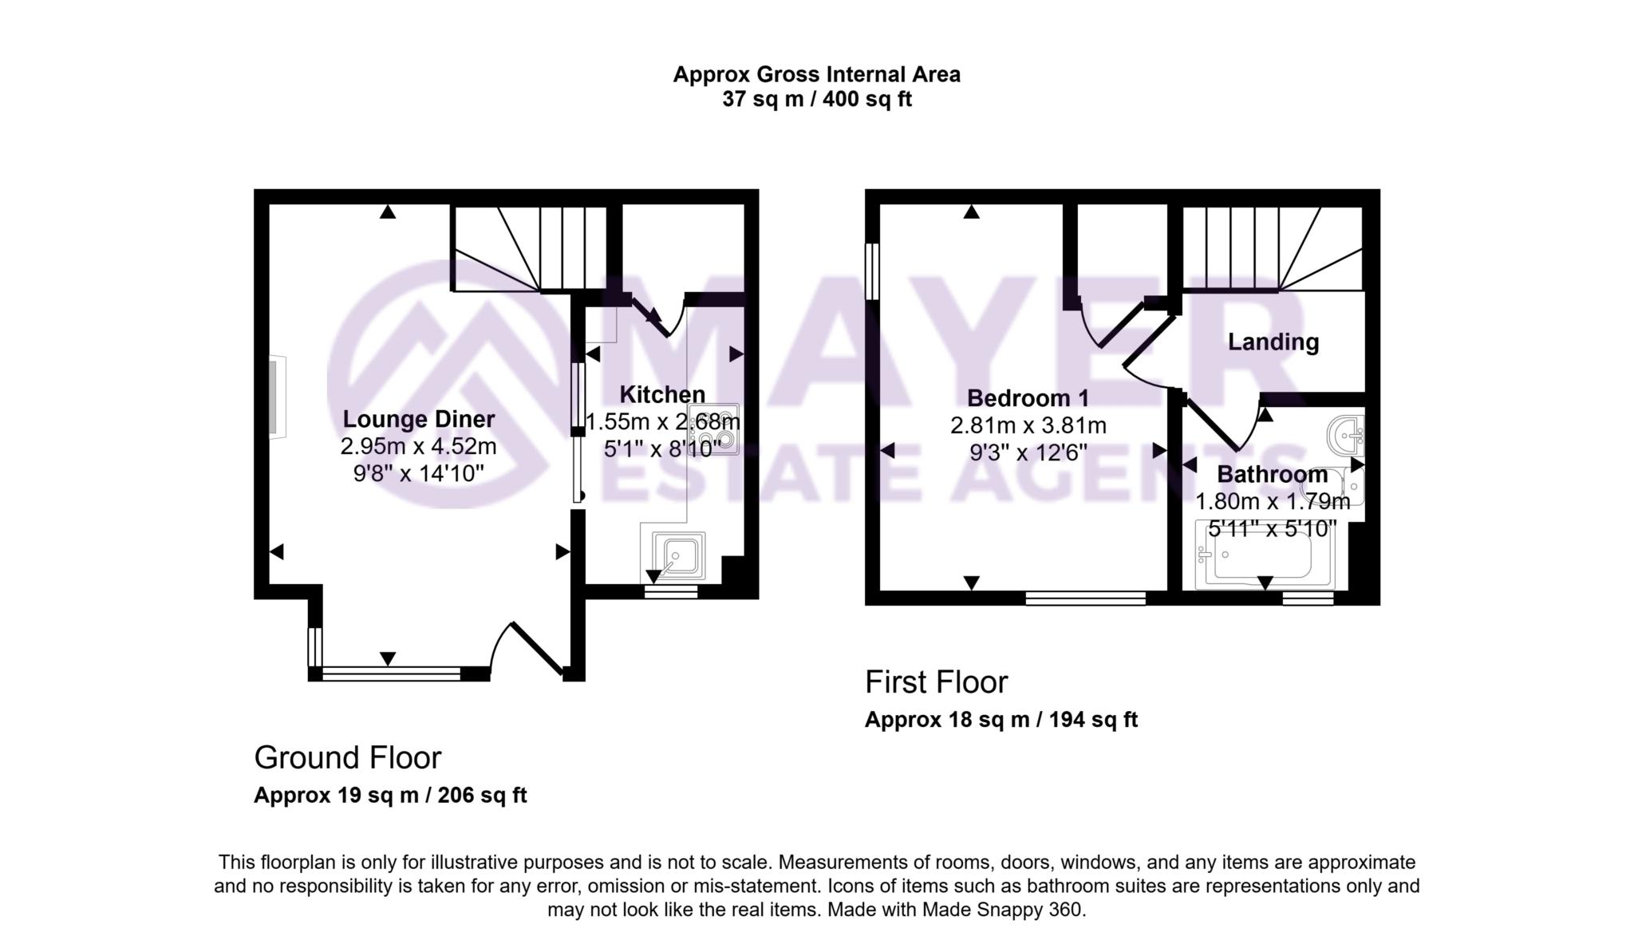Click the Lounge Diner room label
[418, 419]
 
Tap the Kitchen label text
[662, 394]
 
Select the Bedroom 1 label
[1027, 397]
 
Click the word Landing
[1273, 342]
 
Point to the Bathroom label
[1272, 474]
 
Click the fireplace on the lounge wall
[276, 397]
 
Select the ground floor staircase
[531, 247]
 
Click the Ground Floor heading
[347, 758]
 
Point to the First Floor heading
[936, 682]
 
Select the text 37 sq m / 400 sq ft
[816, 100]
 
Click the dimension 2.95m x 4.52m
[418, 446]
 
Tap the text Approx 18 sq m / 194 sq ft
[1001, 720]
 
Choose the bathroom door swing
[1221, 423]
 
